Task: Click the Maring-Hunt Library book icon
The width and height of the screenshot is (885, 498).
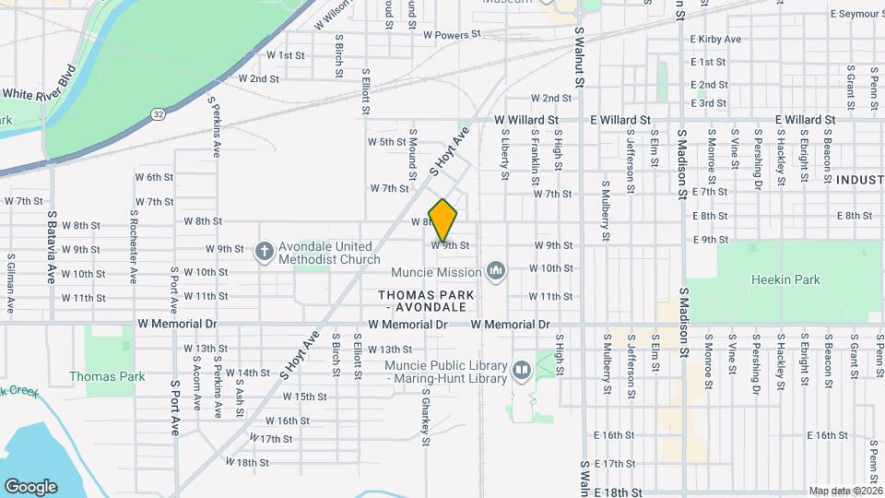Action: tap(522, 371)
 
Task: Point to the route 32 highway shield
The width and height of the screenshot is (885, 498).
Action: tap(159, 113)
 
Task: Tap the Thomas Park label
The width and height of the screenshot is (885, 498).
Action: tap(107, 376)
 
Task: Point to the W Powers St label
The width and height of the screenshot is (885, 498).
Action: tap(453, 34)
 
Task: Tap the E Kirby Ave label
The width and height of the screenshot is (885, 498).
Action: tap(715, 40)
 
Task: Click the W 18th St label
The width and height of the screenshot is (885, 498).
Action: tap(246, 462)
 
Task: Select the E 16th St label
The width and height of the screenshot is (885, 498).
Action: tap(617, 435)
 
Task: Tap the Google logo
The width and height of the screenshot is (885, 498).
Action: tap(30, 486)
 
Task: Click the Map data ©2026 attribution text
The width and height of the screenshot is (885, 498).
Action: tap(844, 491)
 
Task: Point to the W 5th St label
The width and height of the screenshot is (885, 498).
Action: tap(386, 142)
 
